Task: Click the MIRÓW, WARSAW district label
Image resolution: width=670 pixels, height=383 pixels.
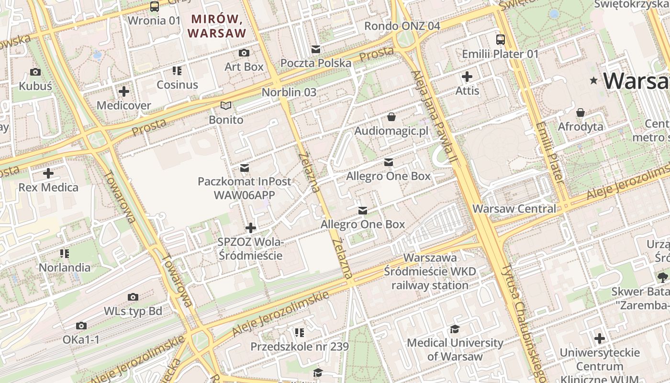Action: [217, 26]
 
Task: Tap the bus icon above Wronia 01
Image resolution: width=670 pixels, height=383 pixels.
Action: [155, 6]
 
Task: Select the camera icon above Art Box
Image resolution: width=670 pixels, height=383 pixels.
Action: [244, 53]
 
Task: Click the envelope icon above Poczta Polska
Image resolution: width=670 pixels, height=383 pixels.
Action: [315, 49]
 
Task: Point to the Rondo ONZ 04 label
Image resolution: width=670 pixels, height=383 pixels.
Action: [402, 26]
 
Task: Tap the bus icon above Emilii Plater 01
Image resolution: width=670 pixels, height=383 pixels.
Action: [500, 40]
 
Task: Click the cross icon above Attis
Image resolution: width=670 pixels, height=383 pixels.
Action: [467, 77]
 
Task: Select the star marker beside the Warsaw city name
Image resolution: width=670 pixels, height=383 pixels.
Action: [594, 80]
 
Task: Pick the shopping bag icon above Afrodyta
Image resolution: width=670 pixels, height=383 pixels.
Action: [581, 113]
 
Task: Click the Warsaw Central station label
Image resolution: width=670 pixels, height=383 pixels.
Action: [514, 209]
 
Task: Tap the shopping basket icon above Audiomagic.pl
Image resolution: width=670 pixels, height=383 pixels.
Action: [391, 117]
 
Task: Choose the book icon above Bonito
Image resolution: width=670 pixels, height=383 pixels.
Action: [226, 106]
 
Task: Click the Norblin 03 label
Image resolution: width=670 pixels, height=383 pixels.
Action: [289, 92]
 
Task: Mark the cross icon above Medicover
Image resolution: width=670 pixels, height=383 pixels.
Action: [124, 91]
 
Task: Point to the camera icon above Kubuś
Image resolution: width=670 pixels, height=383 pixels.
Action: [35, 72]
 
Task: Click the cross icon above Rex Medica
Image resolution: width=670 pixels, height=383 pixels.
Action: [48, 173]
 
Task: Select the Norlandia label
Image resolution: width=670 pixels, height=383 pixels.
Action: [65, 267]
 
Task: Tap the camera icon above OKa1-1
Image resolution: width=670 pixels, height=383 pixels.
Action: [81, 326]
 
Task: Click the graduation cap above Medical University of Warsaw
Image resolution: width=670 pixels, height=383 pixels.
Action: [455, 329]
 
